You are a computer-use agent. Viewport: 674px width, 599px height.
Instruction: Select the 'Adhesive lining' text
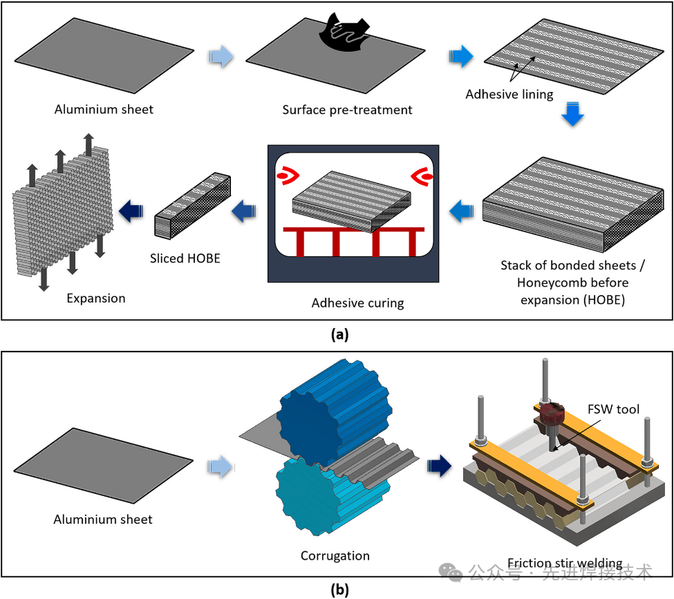tap(509, 94)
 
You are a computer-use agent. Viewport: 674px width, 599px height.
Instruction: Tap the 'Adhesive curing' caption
tap(353, 303)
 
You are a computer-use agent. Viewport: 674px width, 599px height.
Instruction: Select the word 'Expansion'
tap(96, 298)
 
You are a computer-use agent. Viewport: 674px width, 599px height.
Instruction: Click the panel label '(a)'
tap(340, 335)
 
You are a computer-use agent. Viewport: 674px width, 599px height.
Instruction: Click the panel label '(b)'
tap(340, 589)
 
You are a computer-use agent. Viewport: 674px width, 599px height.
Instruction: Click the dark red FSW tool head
tap(552, 417)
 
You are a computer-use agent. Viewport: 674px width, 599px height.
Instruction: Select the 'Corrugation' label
tap(335, 555)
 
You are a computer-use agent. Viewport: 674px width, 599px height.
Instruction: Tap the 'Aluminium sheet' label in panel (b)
tap(103, 519)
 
